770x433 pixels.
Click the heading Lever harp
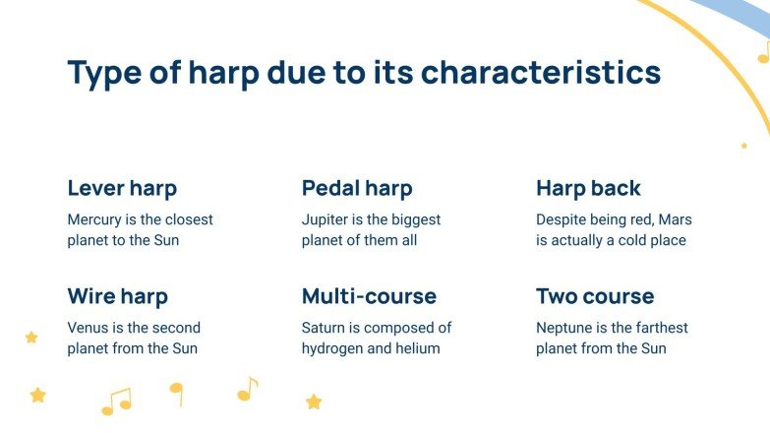(122, 188)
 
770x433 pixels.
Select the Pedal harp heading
(357, 188)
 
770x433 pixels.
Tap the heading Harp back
(588, 188)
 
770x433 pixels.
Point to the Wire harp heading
(117, 296)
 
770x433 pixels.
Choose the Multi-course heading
(369, 296)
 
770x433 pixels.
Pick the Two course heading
(595, 296)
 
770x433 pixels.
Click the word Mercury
(95, 219)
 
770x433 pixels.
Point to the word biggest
(414, 219)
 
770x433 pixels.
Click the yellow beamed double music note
(116, 402)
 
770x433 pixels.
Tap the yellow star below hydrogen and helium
(314, 402)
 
